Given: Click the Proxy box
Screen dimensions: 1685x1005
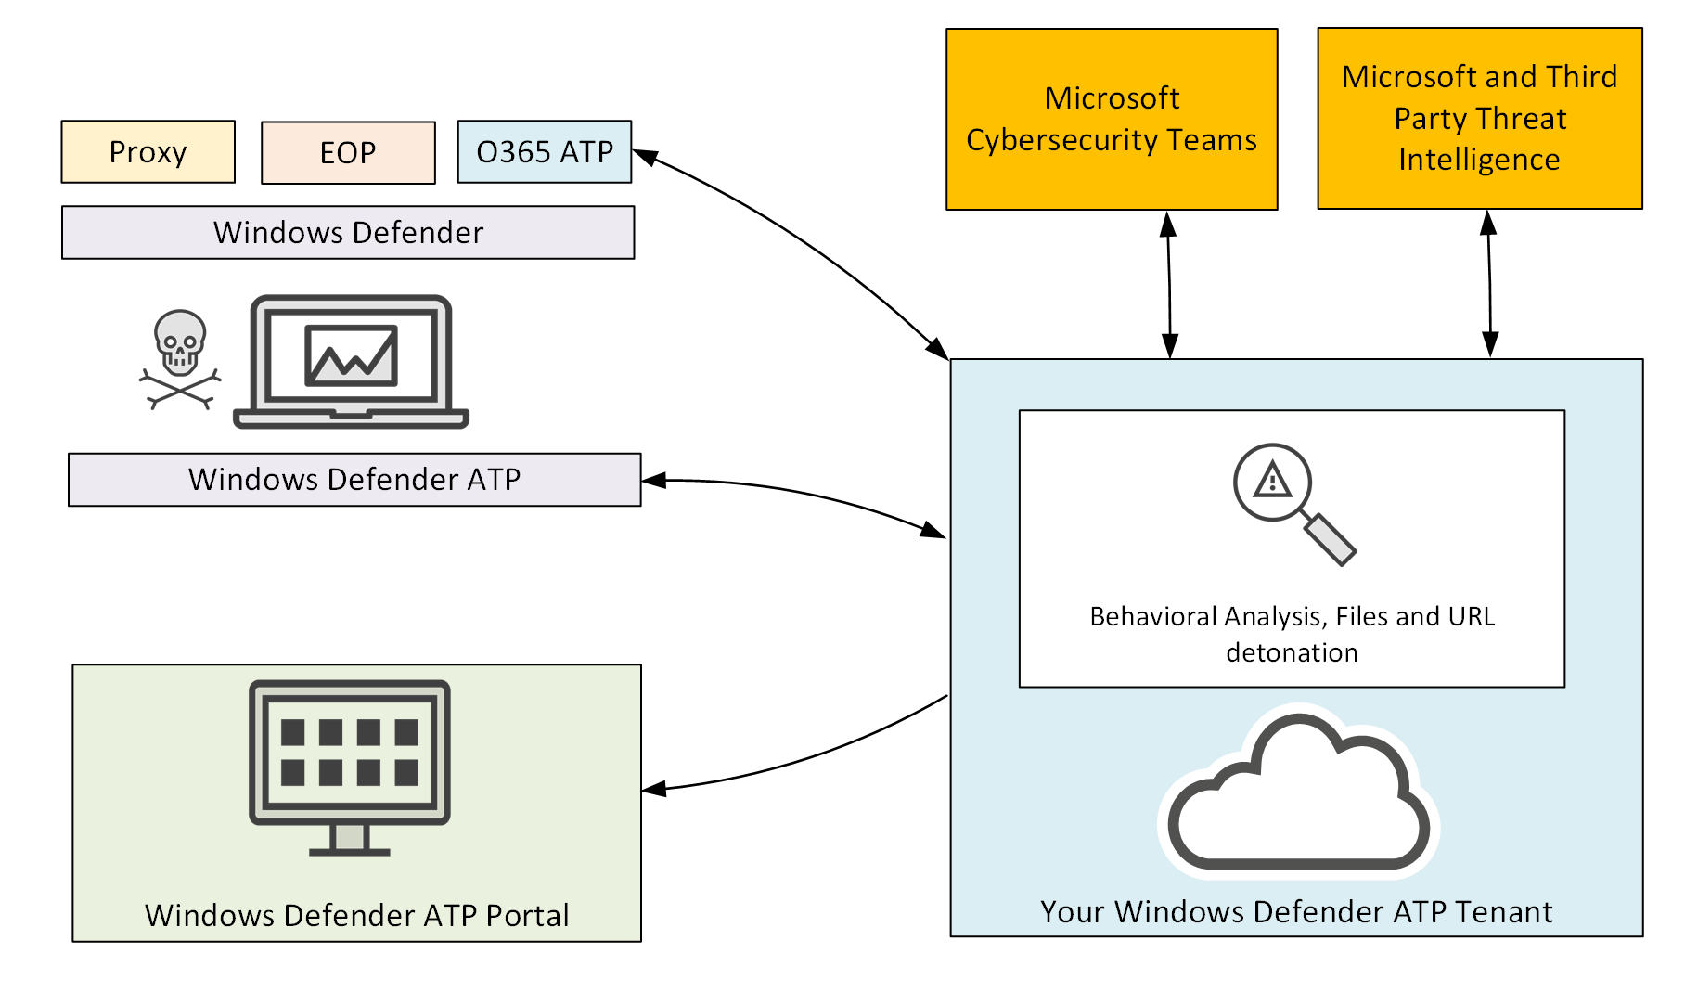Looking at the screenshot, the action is [x=148, y=151].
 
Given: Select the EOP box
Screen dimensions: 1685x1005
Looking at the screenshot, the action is [x=348, y=152].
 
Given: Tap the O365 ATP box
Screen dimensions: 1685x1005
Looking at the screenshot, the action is [x=545, y=151].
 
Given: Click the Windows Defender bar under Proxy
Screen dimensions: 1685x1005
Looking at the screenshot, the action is [x=348, y=232].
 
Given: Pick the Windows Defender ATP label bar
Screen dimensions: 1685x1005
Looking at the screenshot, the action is [x=354, y=479].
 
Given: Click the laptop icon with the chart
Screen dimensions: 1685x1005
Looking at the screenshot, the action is [x=351, y=362].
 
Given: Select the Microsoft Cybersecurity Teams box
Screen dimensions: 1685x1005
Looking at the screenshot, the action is [x=1112, y=119].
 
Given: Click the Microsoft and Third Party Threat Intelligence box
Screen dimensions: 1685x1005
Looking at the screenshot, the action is [x=1479, y=118].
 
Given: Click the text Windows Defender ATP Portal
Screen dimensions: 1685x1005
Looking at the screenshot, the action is [x=356, y=915].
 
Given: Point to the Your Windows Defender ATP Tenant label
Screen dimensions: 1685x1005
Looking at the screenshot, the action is [x=1295, y=911].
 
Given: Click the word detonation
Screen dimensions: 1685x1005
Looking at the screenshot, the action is [x=1292, y=652].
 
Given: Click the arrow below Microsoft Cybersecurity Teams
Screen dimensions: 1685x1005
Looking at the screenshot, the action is [x=1169, y=284].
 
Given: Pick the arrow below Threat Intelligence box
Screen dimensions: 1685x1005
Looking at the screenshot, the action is [x=1489, y=283].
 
